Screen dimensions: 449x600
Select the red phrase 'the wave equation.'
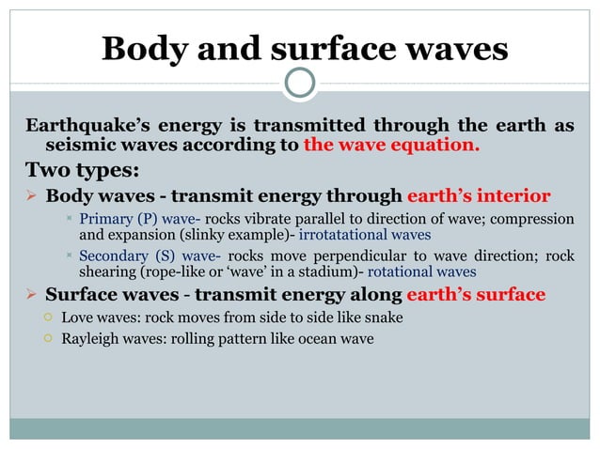click(x=391, y=146)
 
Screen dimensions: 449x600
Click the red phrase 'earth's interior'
click(x=478, y=196)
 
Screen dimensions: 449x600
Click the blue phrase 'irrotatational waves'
click(x=364, y=235)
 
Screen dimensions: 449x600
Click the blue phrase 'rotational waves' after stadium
click(x=421, y=271)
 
